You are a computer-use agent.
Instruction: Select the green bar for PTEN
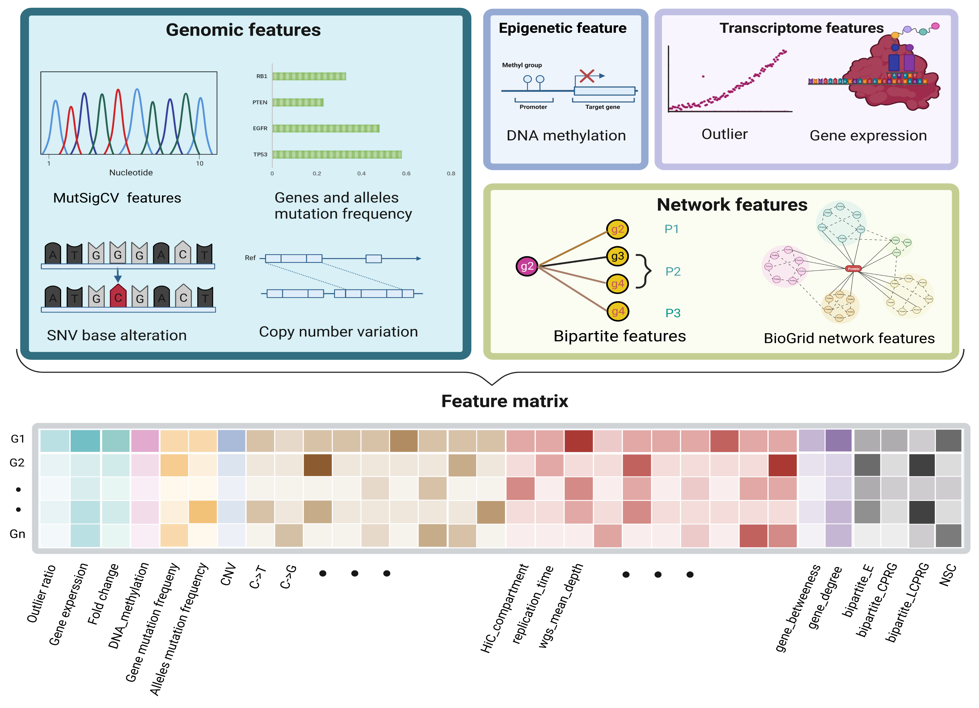298,102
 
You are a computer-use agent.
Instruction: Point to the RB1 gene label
262,76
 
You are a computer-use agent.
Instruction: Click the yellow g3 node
617,256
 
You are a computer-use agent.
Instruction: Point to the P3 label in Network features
672,313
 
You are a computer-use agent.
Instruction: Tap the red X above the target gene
587,76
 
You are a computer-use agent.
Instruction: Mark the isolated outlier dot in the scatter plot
703,76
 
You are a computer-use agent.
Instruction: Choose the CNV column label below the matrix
228,574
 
